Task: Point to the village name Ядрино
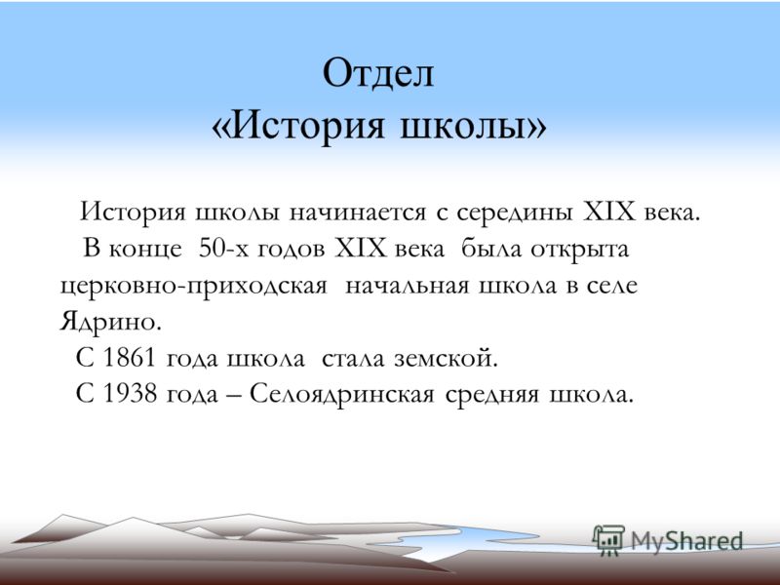tap(110, 323)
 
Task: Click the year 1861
tap(129, 357)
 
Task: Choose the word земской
tap(446, 358)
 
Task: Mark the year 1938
tap(129, 394)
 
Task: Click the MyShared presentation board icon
tap(608, 539)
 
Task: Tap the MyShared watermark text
tap(686, 541)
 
